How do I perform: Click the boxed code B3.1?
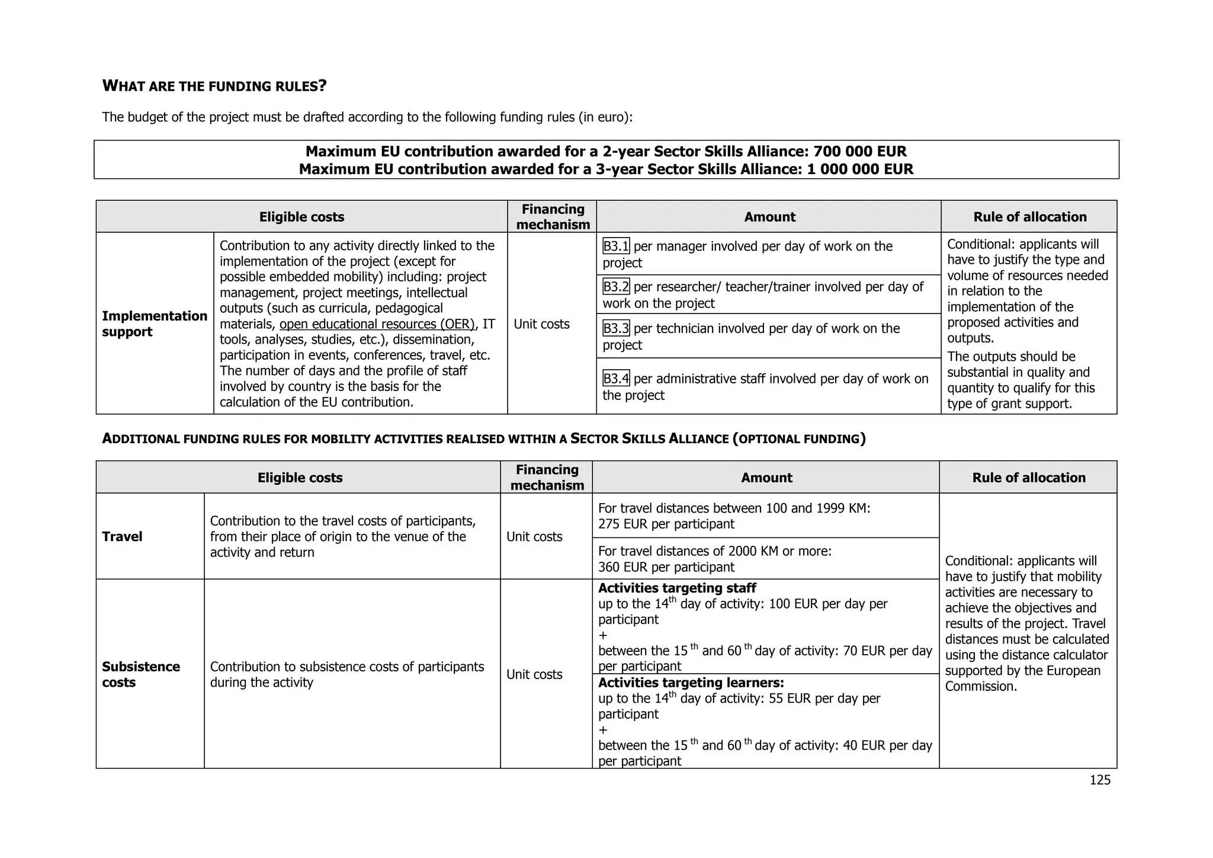click(615, 246)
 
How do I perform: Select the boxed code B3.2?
click(615, 287)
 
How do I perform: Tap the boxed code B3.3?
click(615, 328)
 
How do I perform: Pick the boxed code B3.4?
click(615, 379)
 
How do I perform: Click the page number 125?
click(1100, 780)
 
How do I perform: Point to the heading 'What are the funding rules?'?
click(214, 87)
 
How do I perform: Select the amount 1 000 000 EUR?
click(859, 169)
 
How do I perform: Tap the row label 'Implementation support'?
click(154, 324)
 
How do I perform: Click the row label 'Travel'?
click(122, 537)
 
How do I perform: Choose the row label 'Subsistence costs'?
click(140, 674)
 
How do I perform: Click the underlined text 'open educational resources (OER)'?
click(377, 324)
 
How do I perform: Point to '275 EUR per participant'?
click(666, 524)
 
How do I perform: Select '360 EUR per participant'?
click(666, 567)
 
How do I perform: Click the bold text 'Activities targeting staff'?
click(677, 588)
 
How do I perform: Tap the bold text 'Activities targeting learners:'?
click(691, 683)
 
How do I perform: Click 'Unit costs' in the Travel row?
click(534, 537)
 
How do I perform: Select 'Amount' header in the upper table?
click(769, 217)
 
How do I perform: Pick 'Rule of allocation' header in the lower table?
click(1028, 478)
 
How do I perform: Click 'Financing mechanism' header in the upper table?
click(553, 217)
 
